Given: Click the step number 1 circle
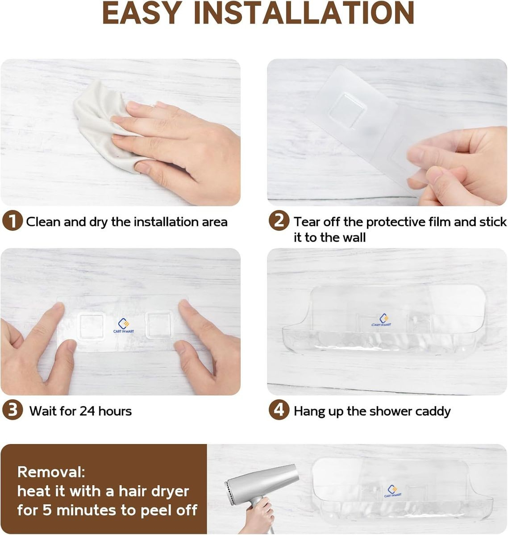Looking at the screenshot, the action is tap(12, 222).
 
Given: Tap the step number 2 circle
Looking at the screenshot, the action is tap(279, 221).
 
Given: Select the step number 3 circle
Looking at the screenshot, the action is tap(12, 410).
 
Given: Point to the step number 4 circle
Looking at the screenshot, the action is tap(279, 410).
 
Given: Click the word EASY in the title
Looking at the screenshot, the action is tap(142, 13).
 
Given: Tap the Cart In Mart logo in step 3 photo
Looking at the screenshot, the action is tap(124, 325).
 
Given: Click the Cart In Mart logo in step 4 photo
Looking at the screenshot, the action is tap(381, 320).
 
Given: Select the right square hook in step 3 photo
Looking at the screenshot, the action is tap(159, 325).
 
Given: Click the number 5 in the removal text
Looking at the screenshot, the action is tap(47, 510).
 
